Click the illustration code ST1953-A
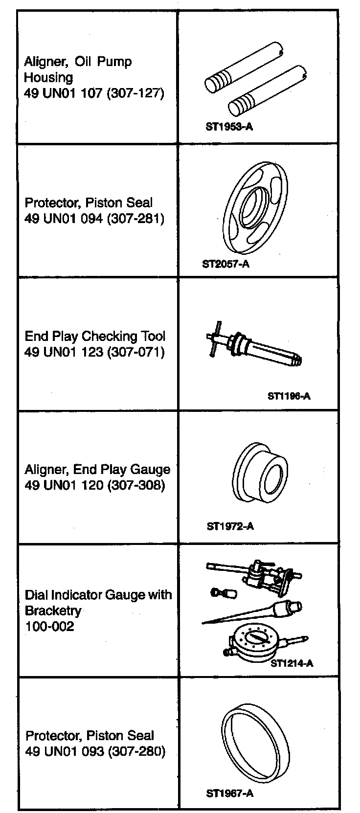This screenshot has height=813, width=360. click(x=229, y=127)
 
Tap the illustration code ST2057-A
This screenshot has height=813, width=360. click(x=225, y=264)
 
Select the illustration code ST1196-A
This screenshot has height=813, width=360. click(x=289, y=396)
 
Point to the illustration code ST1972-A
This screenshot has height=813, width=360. click(x=230, y=526)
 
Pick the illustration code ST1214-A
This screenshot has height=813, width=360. click(x=292, y=663)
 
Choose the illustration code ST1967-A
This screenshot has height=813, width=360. click(x=229, y=793)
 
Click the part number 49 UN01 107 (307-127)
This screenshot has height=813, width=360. click(x=94, y=93)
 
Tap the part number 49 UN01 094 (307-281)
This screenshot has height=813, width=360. click(x=94, y=218)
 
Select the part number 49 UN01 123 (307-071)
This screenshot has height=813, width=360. click(x=94, y=352)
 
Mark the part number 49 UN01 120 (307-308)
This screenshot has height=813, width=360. click(x=94, y=485)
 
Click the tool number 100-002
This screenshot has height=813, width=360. click(x=49, y=626)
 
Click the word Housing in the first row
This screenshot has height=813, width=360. click(x=48, y=77)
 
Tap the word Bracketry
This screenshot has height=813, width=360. click(x=53, y=610)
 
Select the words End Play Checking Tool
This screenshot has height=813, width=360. click(x=95, y=336)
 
